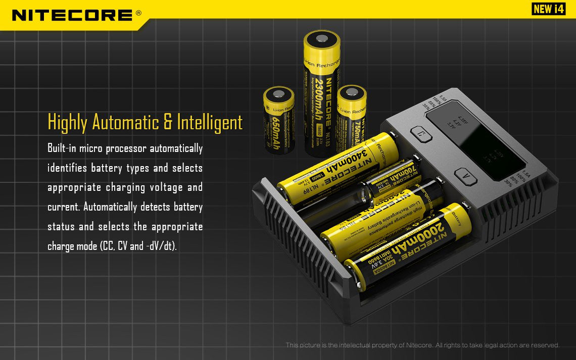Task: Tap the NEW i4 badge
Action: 548,9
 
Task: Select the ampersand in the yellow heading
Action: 169,123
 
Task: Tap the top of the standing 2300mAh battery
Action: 322,39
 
